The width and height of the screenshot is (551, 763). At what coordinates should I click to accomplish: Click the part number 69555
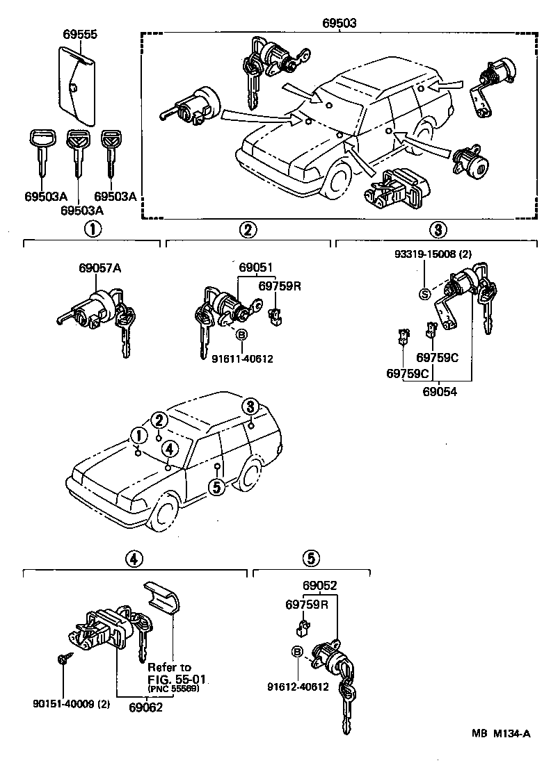80,33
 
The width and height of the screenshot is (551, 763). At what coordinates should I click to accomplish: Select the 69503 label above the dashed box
340,23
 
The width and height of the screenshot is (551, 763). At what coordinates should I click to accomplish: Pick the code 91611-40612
243,359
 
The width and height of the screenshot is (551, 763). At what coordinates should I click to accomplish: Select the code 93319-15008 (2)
431,255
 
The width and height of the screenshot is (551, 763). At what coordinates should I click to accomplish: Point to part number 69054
439,392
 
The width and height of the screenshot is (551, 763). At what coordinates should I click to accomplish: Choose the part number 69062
145,707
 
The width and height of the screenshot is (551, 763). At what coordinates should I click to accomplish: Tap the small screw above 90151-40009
63,659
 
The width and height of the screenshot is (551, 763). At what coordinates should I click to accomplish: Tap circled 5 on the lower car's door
217,487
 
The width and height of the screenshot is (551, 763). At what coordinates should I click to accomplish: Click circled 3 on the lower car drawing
250,407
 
